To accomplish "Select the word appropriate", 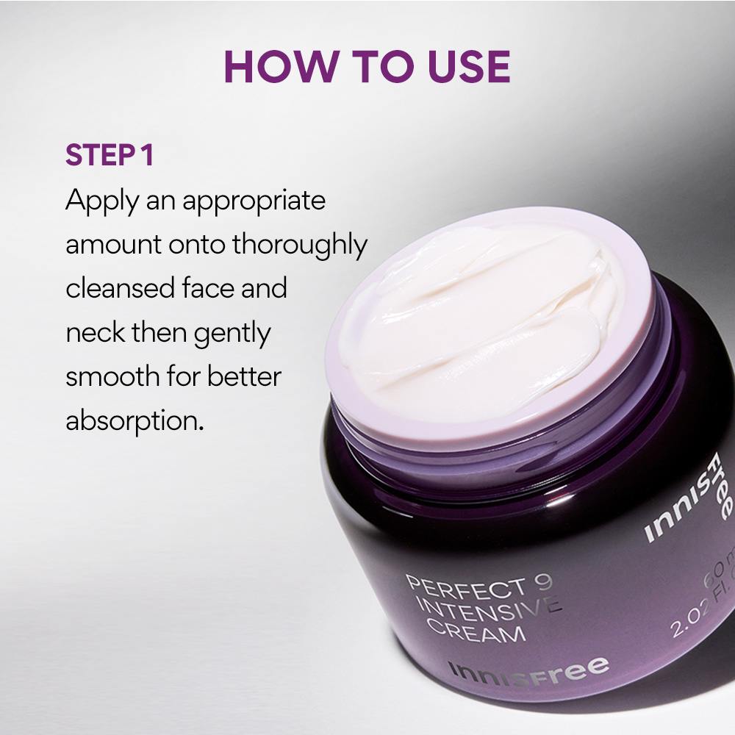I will (254, 201).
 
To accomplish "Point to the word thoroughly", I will (299, 245).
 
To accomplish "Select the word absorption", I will (133, 422).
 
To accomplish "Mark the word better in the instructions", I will (243, 377).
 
